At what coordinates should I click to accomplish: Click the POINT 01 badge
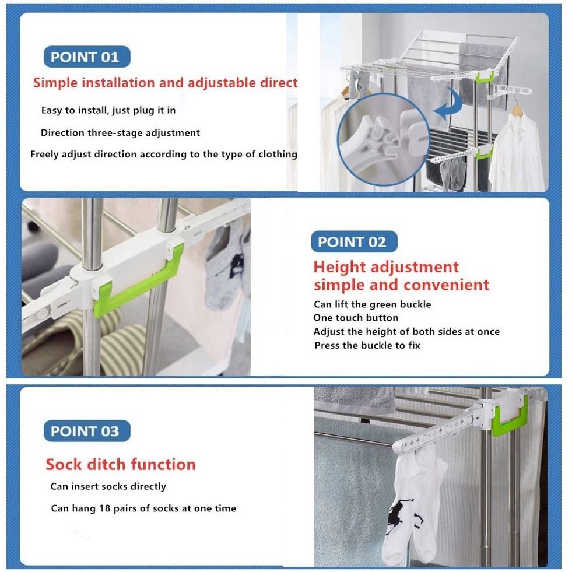[86, 57]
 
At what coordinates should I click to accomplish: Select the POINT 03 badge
[86, 431]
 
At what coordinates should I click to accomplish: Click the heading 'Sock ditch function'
[121, 465]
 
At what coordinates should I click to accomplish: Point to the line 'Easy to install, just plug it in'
[108, 110]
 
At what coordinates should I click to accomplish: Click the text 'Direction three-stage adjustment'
[120, 133]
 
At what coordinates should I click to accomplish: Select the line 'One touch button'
[356, 318]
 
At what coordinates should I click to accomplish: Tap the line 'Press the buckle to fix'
[367, 345]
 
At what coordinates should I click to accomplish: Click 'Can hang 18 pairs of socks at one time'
[143, 508]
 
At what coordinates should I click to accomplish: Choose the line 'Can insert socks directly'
[108, 486]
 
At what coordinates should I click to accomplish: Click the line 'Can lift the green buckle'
[372, 304]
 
